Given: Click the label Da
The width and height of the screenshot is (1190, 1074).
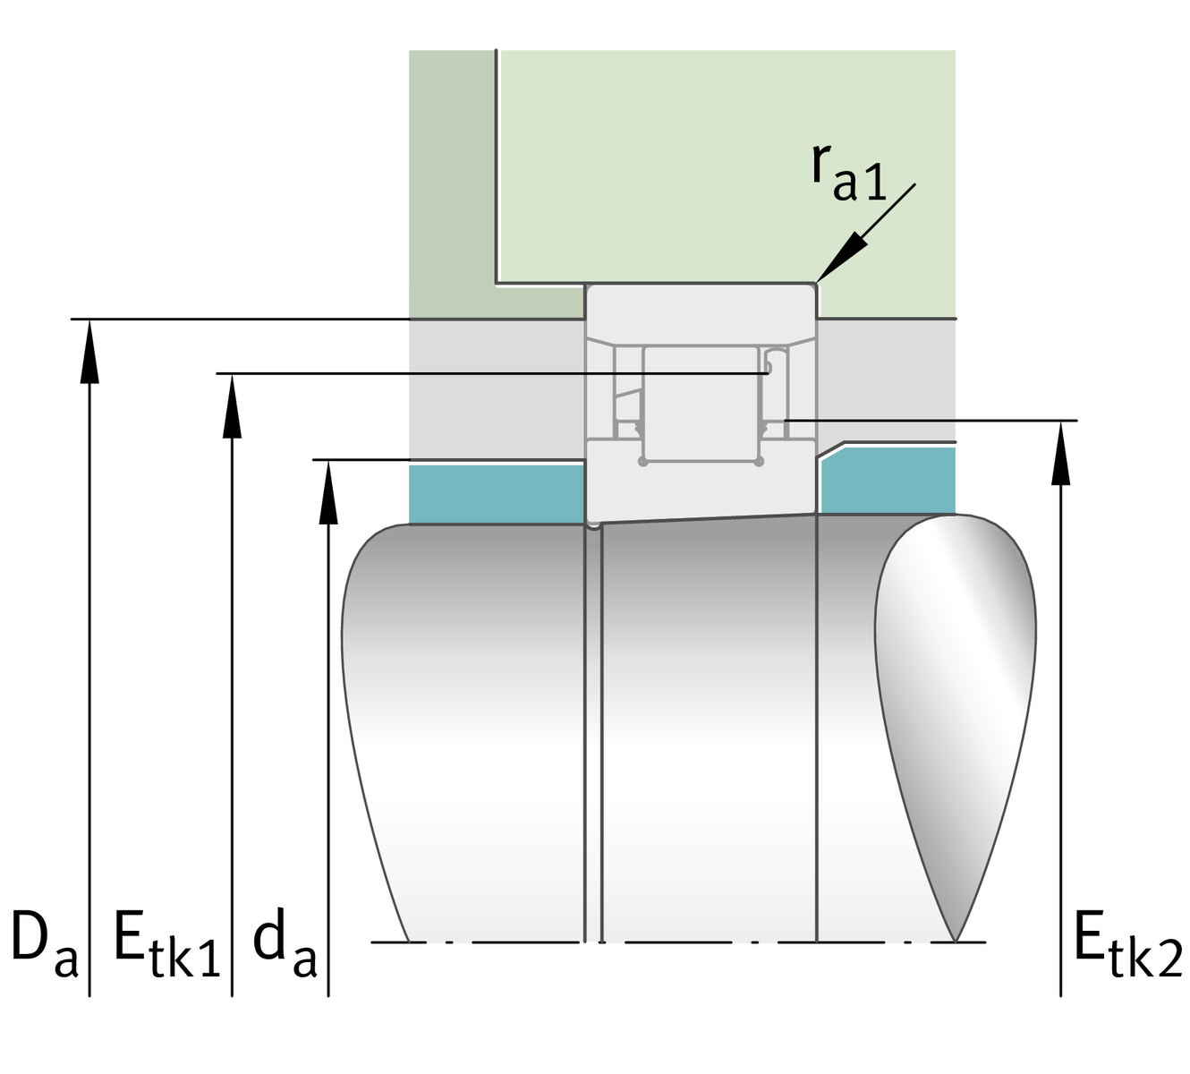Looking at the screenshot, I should (x=43, y=946).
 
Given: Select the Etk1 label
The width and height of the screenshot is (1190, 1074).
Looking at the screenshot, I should (x=166, y=947).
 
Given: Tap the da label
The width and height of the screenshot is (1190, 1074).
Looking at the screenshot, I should (x=285, y=947).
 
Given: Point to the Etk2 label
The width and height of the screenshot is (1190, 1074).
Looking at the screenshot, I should (x=1126, y=947).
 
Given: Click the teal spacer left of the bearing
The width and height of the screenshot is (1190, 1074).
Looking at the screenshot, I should (x=497, y=493).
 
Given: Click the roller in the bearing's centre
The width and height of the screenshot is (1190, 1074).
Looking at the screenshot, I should (x=701, y=403).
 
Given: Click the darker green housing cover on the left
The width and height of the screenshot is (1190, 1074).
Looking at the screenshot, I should (x=452, y=179).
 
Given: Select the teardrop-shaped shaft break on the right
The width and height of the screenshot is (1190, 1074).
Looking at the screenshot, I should (x=956, y=698).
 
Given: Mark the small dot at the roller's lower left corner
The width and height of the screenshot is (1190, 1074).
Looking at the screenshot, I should (x=642, y=462).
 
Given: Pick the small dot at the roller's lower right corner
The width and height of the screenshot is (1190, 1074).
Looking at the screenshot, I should (x=759, y=462).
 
